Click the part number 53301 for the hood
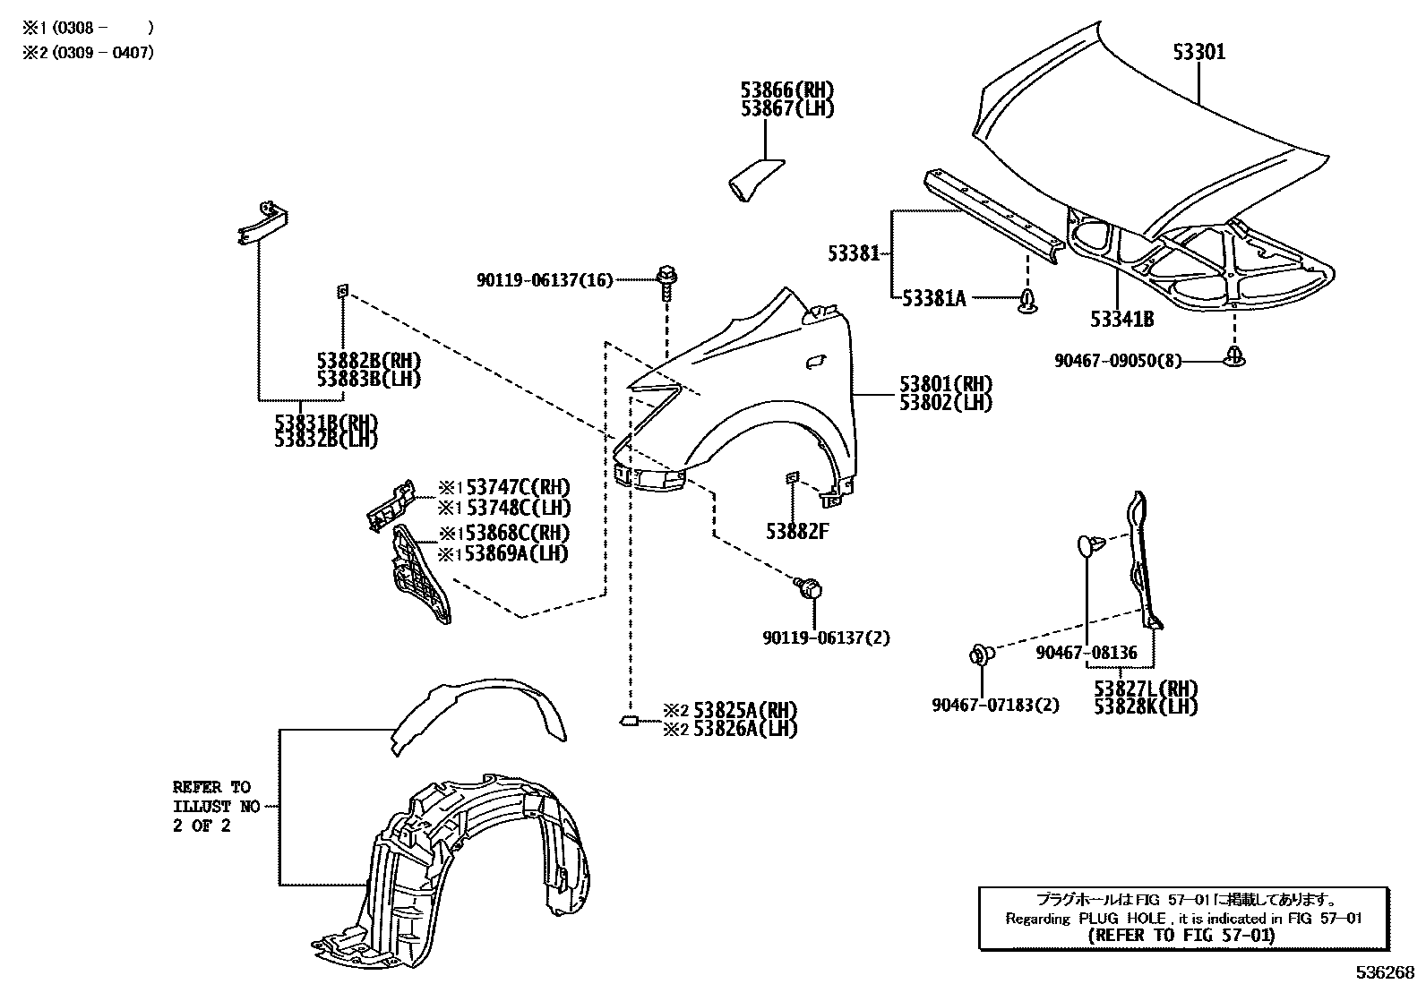[x=1198, y=52]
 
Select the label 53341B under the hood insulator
[x=1121, y=320]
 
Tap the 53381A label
[x=933, y=298]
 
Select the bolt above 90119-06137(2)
[x=809, y=589]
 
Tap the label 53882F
[x=796, y=531]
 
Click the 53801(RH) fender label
[x=946, y=384]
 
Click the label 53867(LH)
[x=786, y=108]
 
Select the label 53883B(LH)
[x=368, y=378]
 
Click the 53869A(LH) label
[x=515, y=553]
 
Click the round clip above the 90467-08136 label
[x=1086, y=543]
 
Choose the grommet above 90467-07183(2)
[x=981, y=655]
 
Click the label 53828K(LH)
[x=1146, y=706]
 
